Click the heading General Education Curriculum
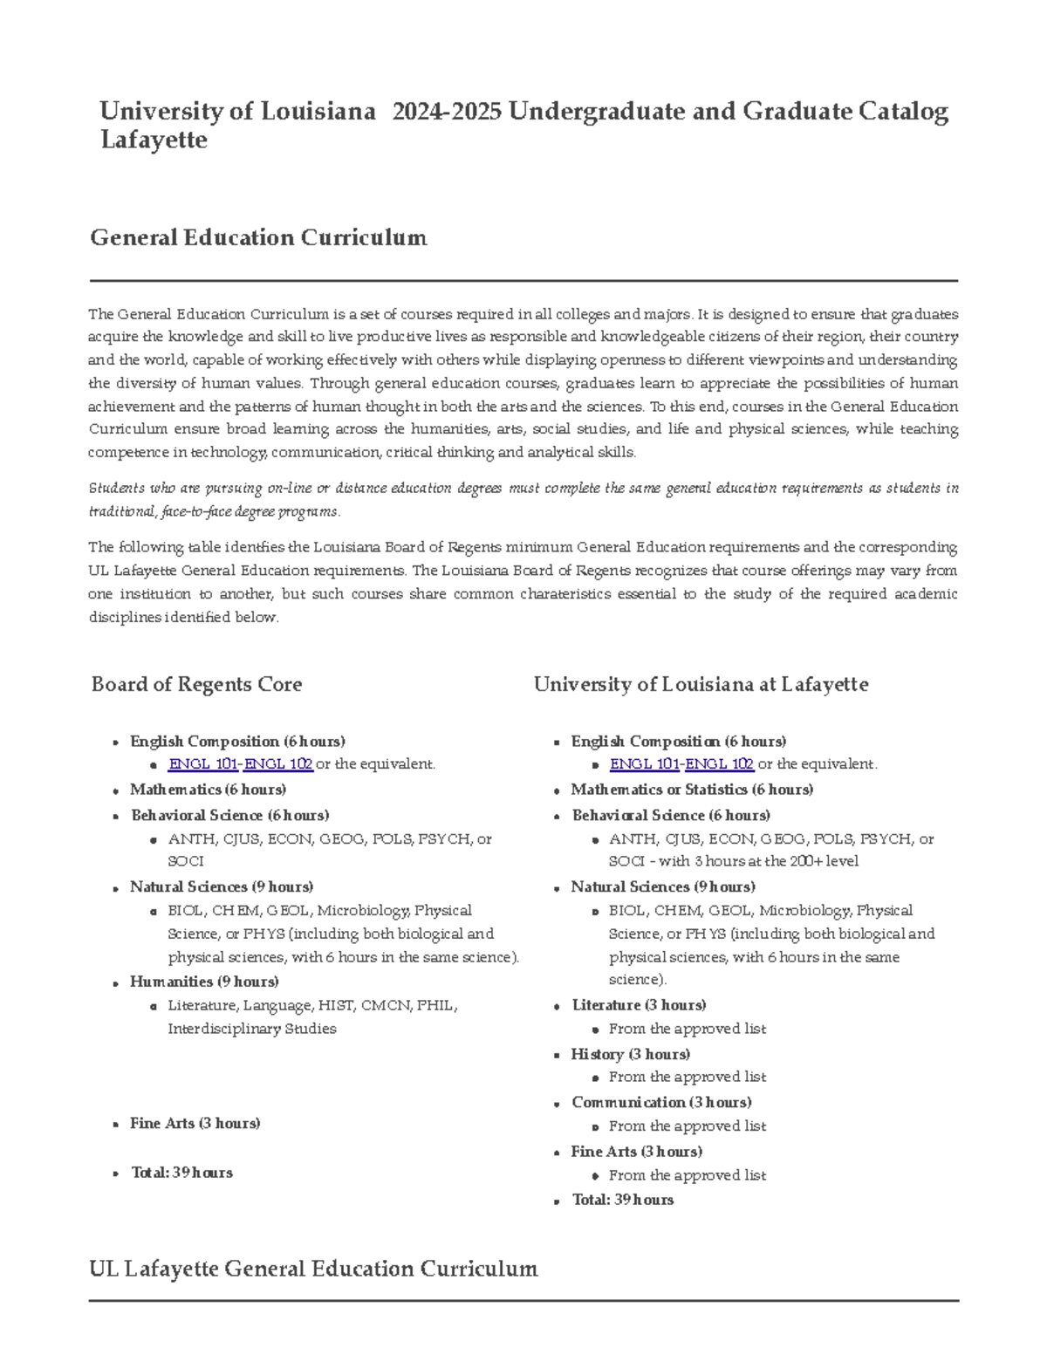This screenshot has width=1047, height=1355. (x=258, y=238)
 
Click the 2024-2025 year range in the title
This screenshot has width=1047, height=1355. (x=447, y=112)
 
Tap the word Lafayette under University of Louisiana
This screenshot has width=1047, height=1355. (x=154, y=140)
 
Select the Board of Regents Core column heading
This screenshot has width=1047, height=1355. (x=196, y=685)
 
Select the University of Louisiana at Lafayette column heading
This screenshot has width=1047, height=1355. (x=701, y=685)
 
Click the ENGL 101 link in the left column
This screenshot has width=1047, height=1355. (x=202, y=764)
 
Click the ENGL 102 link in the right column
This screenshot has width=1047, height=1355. (x=719, y=764)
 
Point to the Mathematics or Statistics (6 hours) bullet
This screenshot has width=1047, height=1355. (x=692, y=790)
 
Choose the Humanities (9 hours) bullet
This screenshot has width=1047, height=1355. (x=204, y=982)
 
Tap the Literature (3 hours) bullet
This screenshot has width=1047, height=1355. (x=639, y=1005)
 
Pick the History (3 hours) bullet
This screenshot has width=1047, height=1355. (x=630, y=1054)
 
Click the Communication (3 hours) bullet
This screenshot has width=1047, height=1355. (x=661, y=1103)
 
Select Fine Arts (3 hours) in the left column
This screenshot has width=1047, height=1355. (x=195, y=1124)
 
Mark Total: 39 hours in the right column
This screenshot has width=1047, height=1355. (x=622, y=1201)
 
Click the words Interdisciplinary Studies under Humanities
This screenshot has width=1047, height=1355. (x=252, y=1029)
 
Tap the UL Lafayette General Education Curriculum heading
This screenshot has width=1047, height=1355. (x=313, y=1269)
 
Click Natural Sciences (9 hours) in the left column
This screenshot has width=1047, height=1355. (x=222, y=887)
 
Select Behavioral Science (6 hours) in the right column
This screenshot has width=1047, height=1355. (x=670, y=816)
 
